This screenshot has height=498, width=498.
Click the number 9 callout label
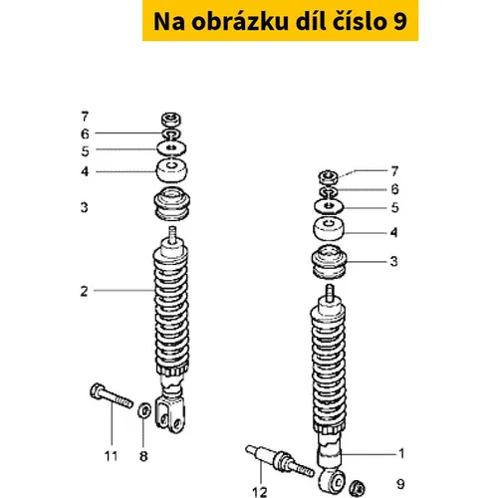(x=400, y=484)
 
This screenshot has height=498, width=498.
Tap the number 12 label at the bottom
(x=260, y=492)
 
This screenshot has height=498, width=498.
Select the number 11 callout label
(x=111, y=456)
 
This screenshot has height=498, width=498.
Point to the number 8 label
(x=143, y=456)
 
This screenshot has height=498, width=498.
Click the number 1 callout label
(x=401, y=453)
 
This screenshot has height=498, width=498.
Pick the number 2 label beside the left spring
(x=85, y=292)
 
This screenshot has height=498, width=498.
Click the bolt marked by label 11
(x=112, y=396)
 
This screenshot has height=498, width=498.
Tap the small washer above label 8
(x=144, y=411)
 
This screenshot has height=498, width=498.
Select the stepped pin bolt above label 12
(x=280, y=461)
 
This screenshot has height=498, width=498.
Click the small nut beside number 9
(x=358, y=489)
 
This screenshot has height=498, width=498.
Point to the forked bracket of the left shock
(x=169, y=414)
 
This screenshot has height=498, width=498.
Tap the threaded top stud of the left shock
(x=172, y=234)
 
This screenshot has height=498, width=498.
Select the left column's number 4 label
(x=85, y=171)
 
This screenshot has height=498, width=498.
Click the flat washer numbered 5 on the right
(x=329, y=206)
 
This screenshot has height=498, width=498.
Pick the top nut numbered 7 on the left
(x=171, y=120)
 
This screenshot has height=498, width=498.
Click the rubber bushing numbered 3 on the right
(x=329, y=262)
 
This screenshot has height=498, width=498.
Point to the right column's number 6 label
(x=394, y=189)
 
